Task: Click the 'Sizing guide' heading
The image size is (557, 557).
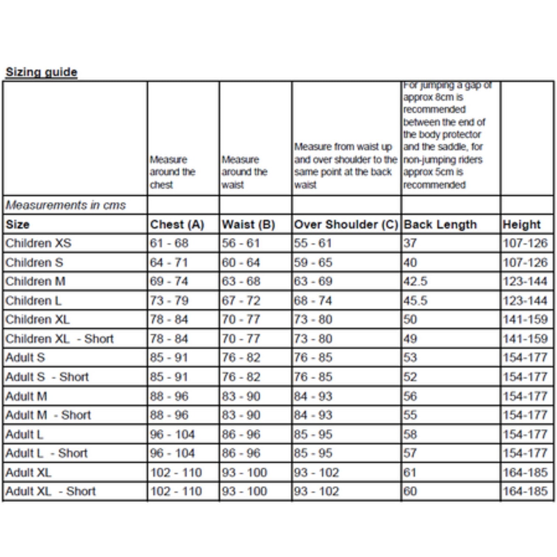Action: pyautogui.click(x=41, y=72)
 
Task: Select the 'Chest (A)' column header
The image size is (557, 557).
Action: pyautogui.click(x=177, y=225)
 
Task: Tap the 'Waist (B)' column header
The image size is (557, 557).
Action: pyautogui.click(x=249, y=225)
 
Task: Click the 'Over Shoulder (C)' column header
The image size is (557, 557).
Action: pyautogui.click(x=346, y=225)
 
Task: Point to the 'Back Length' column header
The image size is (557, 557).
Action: pyautogui.click(x=440, y=225)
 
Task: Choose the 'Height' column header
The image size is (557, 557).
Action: pyautogui.click(x=521, y=225)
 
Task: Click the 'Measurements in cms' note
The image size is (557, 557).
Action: pyautogui.click(x=66, y=205)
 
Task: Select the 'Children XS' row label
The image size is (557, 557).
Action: pyautogui.click(x=39, y=243)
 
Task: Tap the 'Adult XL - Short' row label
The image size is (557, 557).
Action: pyautogui.click(x=51, y=491)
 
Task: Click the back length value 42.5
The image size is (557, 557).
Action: pyautogui.click(x=415, y=281)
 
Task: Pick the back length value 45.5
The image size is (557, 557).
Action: pyautogui.click(x=415, y=300)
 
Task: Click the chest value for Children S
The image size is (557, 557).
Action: pyautogui.click(x=169, y=262)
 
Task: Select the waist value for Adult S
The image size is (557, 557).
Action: pyautogui.click(x=241, y=358)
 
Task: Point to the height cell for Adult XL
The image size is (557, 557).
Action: pyautogui.click(x=525, y=472)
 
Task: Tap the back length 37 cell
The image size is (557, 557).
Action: pyautogui.click(x=410, y=243)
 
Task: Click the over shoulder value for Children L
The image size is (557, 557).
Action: pyautogui.click(x=313, y=300)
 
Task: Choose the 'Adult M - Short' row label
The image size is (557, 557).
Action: pyautogui.click(x=48, y=415)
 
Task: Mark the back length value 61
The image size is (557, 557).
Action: pyautogui.click(x=410, y=472)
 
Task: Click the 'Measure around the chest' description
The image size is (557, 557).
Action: pyautogui.click(x=172, y=172)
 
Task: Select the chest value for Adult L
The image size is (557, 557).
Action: pyautogui.click(x=172, y=434)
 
